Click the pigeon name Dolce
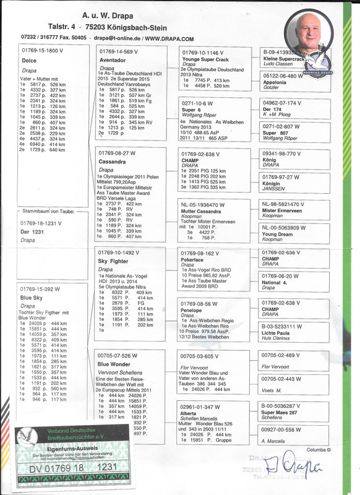pos(30,61)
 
